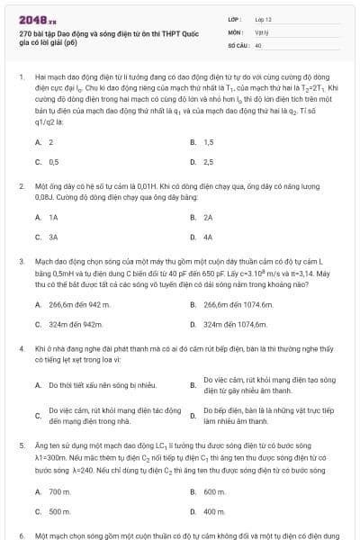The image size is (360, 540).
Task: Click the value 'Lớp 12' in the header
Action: click(x=265, y=18)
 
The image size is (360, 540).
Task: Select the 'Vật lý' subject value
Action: click(x=262, y=31)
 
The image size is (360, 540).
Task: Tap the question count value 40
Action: click(x=258, y=43)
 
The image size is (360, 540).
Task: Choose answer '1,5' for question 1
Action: click(x=209, y=142)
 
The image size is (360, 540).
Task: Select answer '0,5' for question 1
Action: click(x=53, y=162)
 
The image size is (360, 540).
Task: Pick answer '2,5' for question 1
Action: click(x=209, y=162)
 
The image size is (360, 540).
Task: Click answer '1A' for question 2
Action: click(x=53, y=218)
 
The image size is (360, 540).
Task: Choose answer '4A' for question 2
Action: click(x=208, y=238)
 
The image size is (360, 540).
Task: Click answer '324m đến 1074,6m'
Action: click(x=236, y=324)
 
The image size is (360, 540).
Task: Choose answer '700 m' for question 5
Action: click(x=59, y=491)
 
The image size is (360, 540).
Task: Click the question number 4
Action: click(x=21, y=347)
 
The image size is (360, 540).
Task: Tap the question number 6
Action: click(x=21, y=535)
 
